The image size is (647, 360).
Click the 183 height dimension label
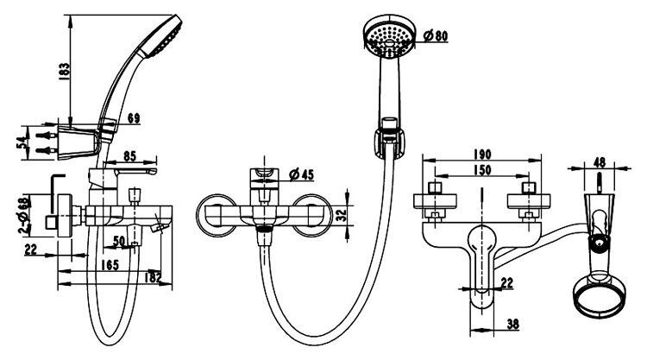coord(65,72)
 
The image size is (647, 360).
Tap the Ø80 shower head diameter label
coord(436,36)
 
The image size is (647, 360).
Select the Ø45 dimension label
coord(301,174)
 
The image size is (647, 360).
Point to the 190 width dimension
coord(482,154)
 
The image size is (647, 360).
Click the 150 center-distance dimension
coord(482,170)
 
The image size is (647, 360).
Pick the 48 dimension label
coord(600,162)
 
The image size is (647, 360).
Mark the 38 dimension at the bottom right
coord(512,324)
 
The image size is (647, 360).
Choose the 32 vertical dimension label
coord(342,215)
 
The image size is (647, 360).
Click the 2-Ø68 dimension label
coord(25,216)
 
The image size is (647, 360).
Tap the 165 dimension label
coord(110,265)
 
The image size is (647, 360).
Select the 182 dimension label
coord(153,277)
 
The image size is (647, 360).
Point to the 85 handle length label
coord(129,156)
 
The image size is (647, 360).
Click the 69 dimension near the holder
coord(134,118)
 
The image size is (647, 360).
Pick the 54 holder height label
coord(24,142)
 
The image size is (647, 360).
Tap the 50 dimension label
coord(119,241)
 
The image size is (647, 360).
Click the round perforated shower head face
coord(389,38)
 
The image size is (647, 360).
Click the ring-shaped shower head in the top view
coord(600,297)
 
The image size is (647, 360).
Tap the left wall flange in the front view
coord(217,215)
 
